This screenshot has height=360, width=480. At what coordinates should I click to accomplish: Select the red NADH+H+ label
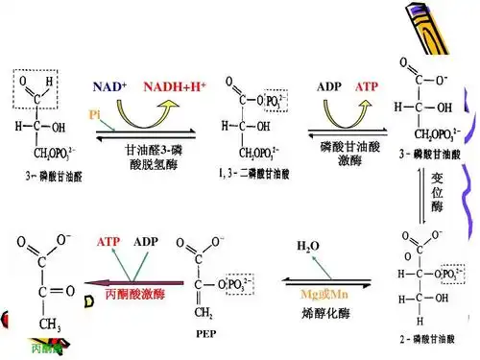click(175, 86)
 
